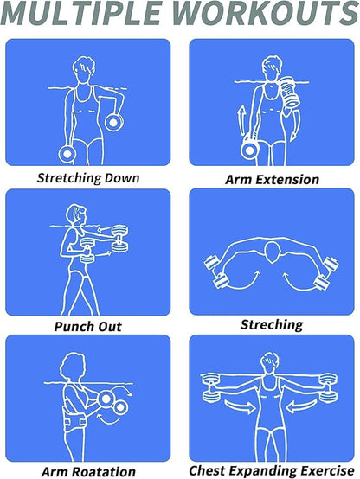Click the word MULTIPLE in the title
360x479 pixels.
coord(82,13)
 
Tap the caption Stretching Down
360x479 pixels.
coord(88,178)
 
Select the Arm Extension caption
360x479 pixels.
coord(272,179)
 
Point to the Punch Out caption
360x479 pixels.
coord(87,327)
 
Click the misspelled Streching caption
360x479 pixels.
coord(272,325)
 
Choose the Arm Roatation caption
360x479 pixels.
coord(88,472)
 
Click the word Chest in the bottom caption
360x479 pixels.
coord(207,470)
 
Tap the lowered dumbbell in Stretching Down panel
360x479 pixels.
coord(67,154)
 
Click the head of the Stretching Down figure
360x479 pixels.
coord(83,68)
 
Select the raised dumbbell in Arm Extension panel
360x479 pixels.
coord(289,92)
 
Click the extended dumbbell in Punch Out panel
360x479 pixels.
coord(120,239)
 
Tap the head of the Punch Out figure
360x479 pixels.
coord(76,215)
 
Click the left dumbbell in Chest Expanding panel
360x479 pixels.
coord(211,387)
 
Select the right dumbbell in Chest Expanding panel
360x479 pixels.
coord(328,387)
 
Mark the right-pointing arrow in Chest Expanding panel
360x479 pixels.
coord(240,406)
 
